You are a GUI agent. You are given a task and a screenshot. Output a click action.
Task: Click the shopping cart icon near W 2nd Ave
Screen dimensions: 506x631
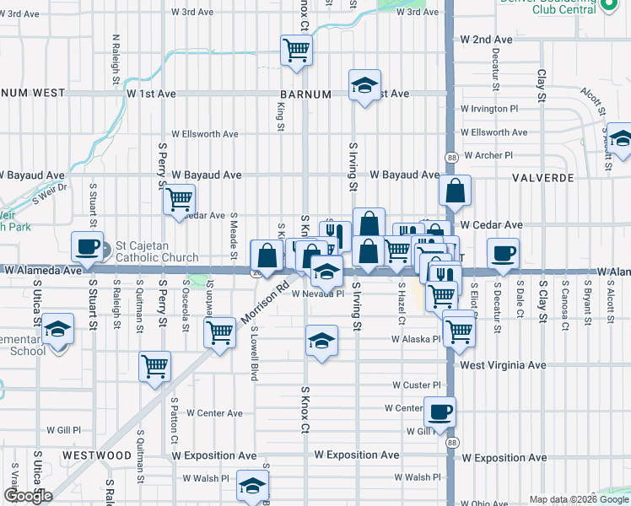coord(296,51)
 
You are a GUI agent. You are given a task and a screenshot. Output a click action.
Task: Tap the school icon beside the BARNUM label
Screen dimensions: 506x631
coord(364,85)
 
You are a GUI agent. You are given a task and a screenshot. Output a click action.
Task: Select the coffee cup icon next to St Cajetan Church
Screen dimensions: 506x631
coord(87,246)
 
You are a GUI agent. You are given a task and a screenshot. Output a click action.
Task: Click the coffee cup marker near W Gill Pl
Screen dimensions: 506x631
coord(439,412)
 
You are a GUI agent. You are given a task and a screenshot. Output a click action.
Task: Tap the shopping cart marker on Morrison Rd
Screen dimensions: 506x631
coord(220,331)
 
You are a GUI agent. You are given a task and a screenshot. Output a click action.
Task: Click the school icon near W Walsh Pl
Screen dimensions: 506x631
coord(251,486)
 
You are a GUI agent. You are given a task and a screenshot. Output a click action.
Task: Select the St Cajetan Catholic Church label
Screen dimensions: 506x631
coord(157,251)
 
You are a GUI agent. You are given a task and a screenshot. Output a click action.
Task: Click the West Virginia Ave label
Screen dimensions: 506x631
coord(503,365)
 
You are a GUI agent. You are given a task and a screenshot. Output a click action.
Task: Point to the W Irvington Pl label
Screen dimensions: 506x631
coord(489,109)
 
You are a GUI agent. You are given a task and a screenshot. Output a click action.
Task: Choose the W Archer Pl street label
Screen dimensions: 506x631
coord(486,155)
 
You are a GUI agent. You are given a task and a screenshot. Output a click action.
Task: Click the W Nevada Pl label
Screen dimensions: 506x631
coord(318,294)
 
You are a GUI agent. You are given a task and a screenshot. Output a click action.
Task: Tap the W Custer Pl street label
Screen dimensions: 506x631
coord(417,385)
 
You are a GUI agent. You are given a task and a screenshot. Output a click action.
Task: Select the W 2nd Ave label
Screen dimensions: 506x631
coord(486,40)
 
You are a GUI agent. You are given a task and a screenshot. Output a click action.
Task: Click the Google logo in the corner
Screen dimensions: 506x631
coord(28,496)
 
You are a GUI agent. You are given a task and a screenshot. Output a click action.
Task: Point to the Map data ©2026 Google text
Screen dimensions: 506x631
coord(578,499)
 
